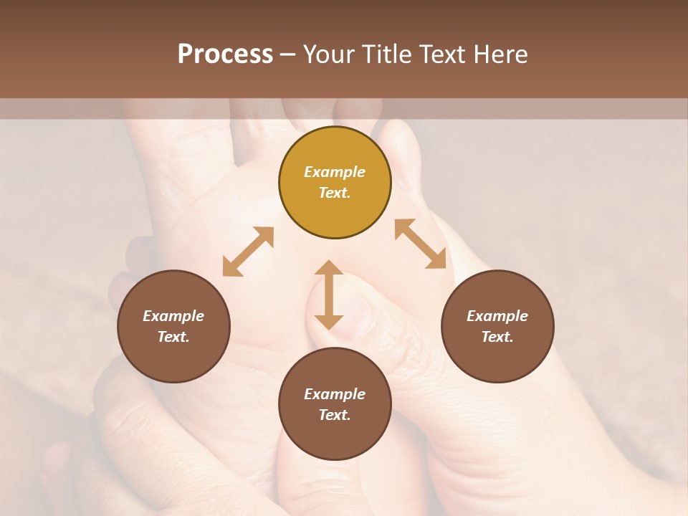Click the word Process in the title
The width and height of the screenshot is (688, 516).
click(x=225, y=54)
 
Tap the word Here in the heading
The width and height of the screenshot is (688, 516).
click(x=500, y=54)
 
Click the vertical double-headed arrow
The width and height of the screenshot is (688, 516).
click(x=329, y=295)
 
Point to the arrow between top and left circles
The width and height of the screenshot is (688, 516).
click(x=248, y=252)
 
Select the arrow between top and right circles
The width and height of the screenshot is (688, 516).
click(x=421, y=244)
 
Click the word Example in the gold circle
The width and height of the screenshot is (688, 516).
click(x=335, y=172)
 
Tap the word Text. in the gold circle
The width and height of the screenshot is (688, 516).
click(x=335, y=193)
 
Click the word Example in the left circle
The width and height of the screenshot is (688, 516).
click(x=173, y=316)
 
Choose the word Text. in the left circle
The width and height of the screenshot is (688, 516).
click(x=173, y=337)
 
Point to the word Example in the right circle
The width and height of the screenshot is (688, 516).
click(x=497, y=316)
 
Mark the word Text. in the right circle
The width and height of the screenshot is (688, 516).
click(x=497, y=337)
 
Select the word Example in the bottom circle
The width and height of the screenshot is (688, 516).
click(x=335, y=394)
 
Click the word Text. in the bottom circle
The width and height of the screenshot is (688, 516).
click(x=335, y=415)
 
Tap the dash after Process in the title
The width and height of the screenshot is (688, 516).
click(x=287, y=55)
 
